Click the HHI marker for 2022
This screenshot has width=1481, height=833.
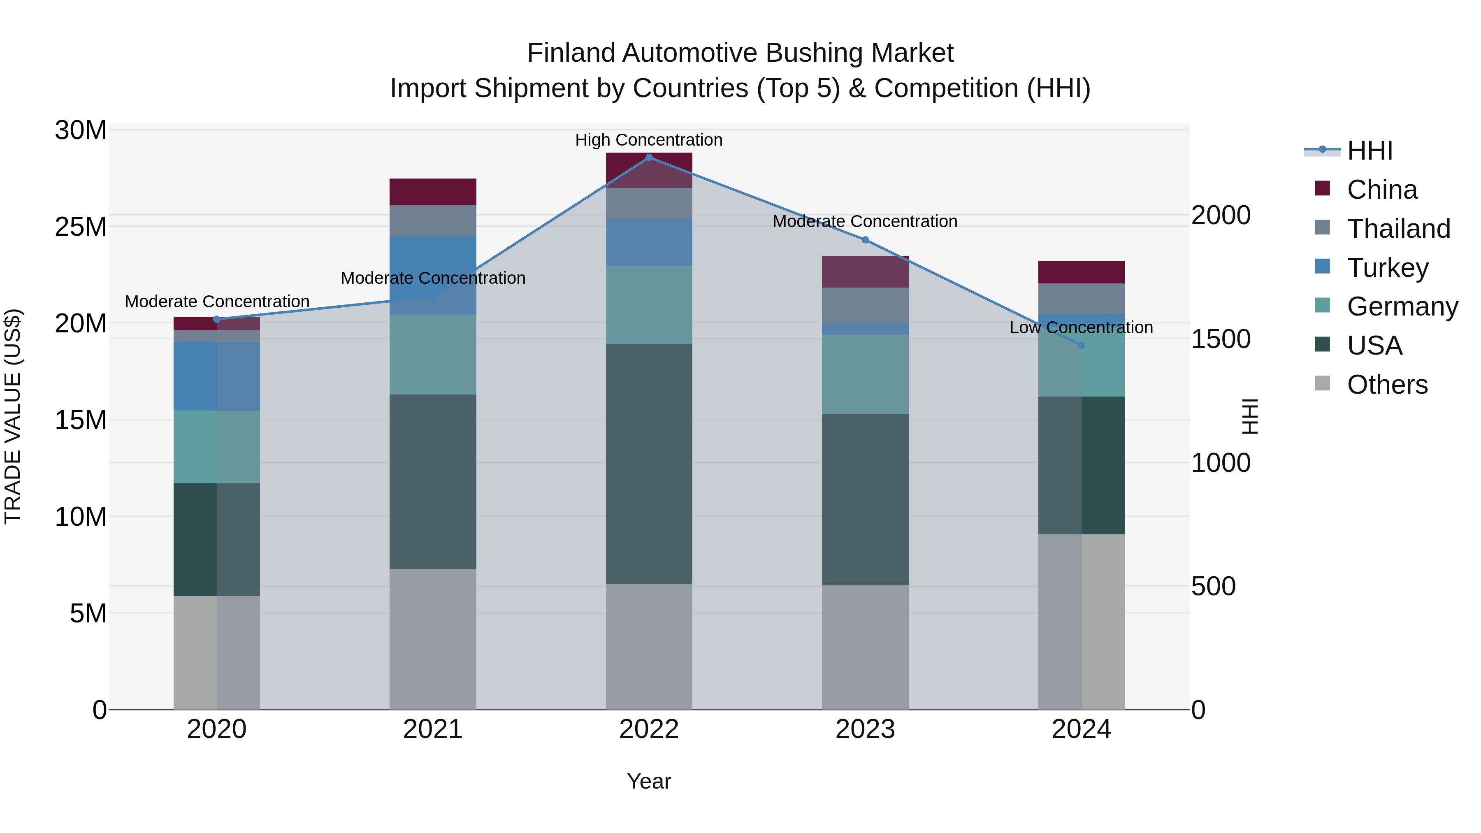click(649, 158)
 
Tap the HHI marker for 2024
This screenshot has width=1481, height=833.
click(1082, 345)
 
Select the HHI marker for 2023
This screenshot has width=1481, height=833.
click(865, 240)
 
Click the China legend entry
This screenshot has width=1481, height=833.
click(1381, 190)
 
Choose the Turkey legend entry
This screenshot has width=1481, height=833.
click(1387, 268)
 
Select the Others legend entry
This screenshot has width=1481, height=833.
click(1387, 385)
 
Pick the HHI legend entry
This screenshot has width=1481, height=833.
click(1370, 151)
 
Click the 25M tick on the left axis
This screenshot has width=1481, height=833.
click(81, 227)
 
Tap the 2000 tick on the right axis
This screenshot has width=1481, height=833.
click(1221, 216)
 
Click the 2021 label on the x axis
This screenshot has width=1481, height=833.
click(432, 729)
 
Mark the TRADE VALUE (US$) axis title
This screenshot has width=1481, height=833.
click(13, 416)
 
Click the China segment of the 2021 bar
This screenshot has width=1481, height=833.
click(432, 191)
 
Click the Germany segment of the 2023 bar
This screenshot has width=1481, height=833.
click(865, 374)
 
